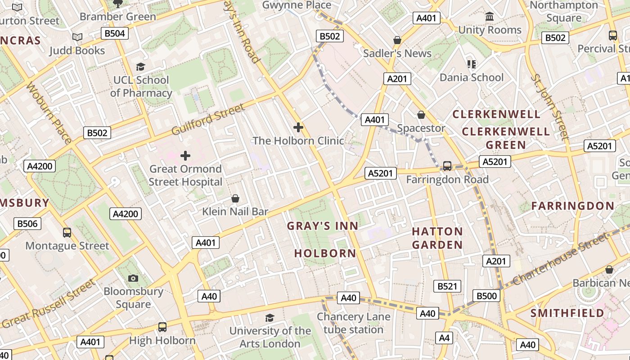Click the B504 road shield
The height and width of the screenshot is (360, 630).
click(x=115, y=33)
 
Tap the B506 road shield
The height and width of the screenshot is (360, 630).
click(x=27, y=224)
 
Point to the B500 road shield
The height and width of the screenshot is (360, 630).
click(x=487, y=296)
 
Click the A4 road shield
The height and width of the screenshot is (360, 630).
click(x=444, y=337)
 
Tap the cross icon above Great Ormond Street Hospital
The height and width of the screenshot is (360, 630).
click(x=185, y=156)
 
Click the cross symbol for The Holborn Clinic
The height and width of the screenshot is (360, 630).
click(x=298, y=127)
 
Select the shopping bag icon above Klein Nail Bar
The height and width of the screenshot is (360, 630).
click(x=235, y=198)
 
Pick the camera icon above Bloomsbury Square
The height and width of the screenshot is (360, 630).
click(x=133, y=278)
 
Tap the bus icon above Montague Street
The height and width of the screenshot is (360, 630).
click(x=67, y=233)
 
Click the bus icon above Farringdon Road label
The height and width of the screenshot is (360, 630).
click(x=447, y=166)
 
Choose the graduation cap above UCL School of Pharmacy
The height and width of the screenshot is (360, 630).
click(x=141, y=67)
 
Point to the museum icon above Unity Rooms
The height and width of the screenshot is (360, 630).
click(x=490, y=17)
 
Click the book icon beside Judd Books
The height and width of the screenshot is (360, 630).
click(x=77, y=37)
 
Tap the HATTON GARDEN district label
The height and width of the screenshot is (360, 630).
click(x=437, y=238)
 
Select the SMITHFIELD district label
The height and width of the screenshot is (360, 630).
click(x=567, y=313)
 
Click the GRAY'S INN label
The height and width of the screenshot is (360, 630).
click(x=323, y=226)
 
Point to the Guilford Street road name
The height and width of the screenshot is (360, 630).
click(x=208, y=120)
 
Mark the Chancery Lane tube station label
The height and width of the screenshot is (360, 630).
click(x=353, y=323)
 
